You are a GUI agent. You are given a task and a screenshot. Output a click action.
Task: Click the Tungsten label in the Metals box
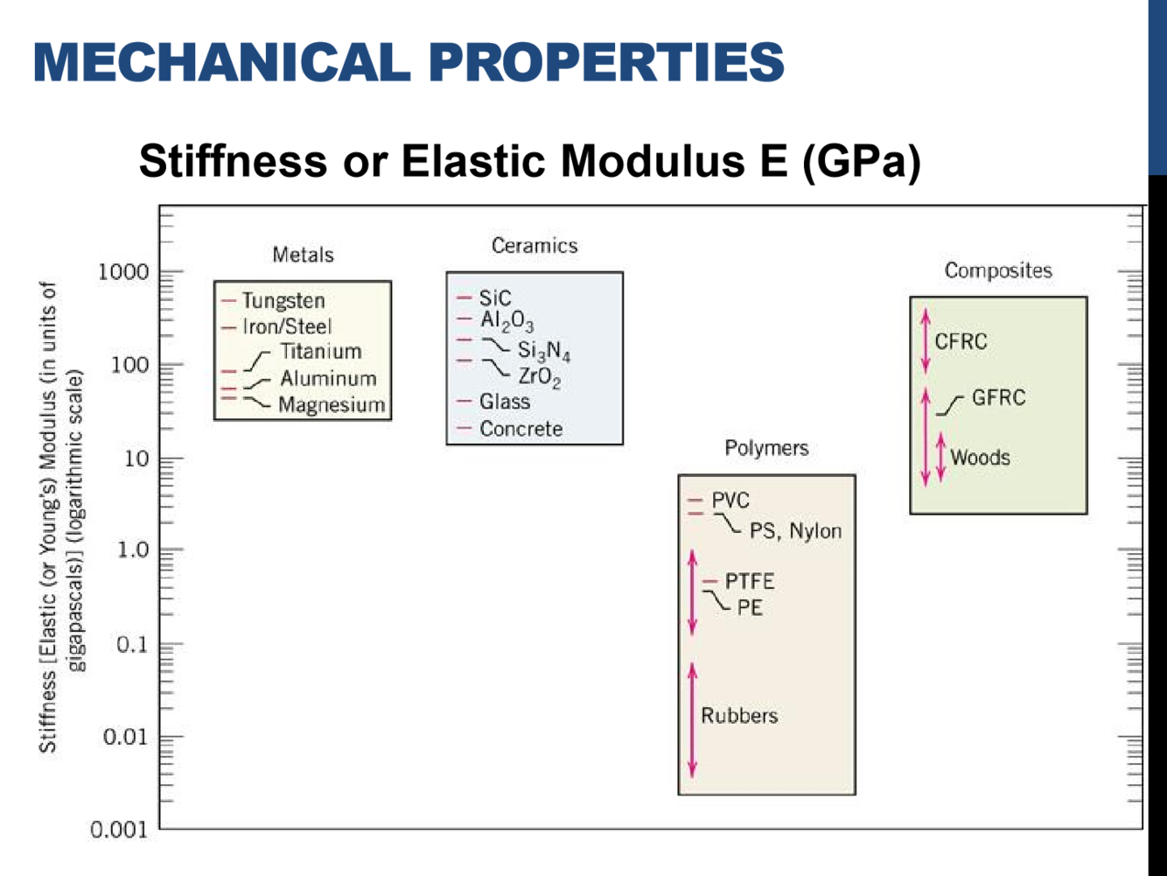283,301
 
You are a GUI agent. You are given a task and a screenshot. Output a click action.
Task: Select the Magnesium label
332,405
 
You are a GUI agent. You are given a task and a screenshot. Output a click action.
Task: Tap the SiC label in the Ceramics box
495,298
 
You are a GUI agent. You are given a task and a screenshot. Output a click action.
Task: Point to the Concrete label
521,429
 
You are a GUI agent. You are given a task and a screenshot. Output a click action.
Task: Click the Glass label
505,402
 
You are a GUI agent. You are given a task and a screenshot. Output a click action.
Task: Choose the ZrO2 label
539,377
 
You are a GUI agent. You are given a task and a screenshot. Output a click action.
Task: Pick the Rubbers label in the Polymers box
739,716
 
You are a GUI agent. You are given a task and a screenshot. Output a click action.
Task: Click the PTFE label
750,582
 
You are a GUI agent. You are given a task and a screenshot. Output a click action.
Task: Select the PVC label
730,501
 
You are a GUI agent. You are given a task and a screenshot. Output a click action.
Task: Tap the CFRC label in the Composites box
961,341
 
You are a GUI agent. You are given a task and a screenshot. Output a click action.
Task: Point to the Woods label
980,458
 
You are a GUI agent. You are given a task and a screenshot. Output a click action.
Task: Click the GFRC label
998,398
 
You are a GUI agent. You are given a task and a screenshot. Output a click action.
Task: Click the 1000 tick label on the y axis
122,272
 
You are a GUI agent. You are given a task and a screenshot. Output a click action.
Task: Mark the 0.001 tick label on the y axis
120,830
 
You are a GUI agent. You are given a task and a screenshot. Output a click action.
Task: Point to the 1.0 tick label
133,550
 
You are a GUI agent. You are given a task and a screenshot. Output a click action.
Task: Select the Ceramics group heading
535,246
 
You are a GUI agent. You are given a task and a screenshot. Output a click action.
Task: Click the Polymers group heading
766,448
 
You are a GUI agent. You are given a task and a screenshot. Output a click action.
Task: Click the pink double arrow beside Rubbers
693,719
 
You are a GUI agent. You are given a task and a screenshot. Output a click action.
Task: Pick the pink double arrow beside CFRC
926,340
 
